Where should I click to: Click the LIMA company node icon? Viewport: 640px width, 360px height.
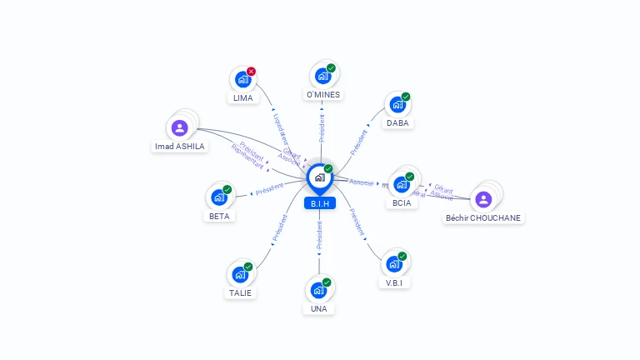(x=242, y=80)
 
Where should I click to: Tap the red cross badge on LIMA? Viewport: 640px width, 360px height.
(x=251, y=72)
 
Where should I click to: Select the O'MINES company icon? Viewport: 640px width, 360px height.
(x=322, y=77)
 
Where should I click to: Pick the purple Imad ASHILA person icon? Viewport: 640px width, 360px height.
(x=179, y=128)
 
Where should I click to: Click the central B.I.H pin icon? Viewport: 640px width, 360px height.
(x=319, y=177)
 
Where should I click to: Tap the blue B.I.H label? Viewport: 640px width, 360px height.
(x=320, y=203)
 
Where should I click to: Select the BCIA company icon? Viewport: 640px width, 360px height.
(x=402, y=185)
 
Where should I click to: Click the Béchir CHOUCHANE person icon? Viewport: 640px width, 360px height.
(x=483, y=199)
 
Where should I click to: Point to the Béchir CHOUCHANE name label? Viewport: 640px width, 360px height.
(x=483, y=217)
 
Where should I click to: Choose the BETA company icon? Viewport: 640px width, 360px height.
(x=219, y=197)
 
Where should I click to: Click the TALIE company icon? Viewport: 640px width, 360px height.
(x=240, y=274)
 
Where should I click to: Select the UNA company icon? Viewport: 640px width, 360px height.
(x=318, y=290)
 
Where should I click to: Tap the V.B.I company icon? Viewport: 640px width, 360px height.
(x=394, y=264)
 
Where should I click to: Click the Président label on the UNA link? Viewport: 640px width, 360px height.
(x=319, y=236)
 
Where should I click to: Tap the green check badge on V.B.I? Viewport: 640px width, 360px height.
(x=402, y=256)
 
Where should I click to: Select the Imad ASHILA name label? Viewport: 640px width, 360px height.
(x=179, y=146)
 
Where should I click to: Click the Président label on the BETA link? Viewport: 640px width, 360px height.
(x=269, y=190)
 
